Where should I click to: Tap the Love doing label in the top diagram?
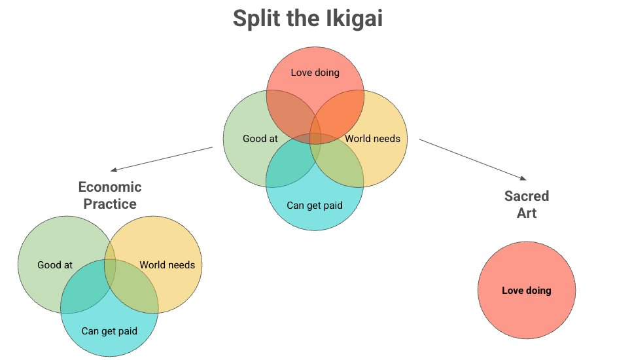click(x=315, y=72)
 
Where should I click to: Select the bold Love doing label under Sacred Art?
click(x=527, y=291)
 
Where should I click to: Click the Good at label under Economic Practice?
click(x=55, y=265)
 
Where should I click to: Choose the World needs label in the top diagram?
click(x=372, y=139)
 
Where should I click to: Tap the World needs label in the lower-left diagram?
click(x=167, y=265)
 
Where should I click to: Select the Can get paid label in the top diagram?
click(x=315, y=206)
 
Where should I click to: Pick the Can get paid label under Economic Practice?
click(x=109, y=331)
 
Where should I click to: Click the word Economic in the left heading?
click(x=110, y=187)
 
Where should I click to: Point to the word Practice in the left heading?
click(x=110, y=204)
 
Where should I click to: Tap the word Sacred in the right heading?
click(x=527, y=196)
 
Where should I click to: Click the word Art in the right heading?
click(x=527, y=213)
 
